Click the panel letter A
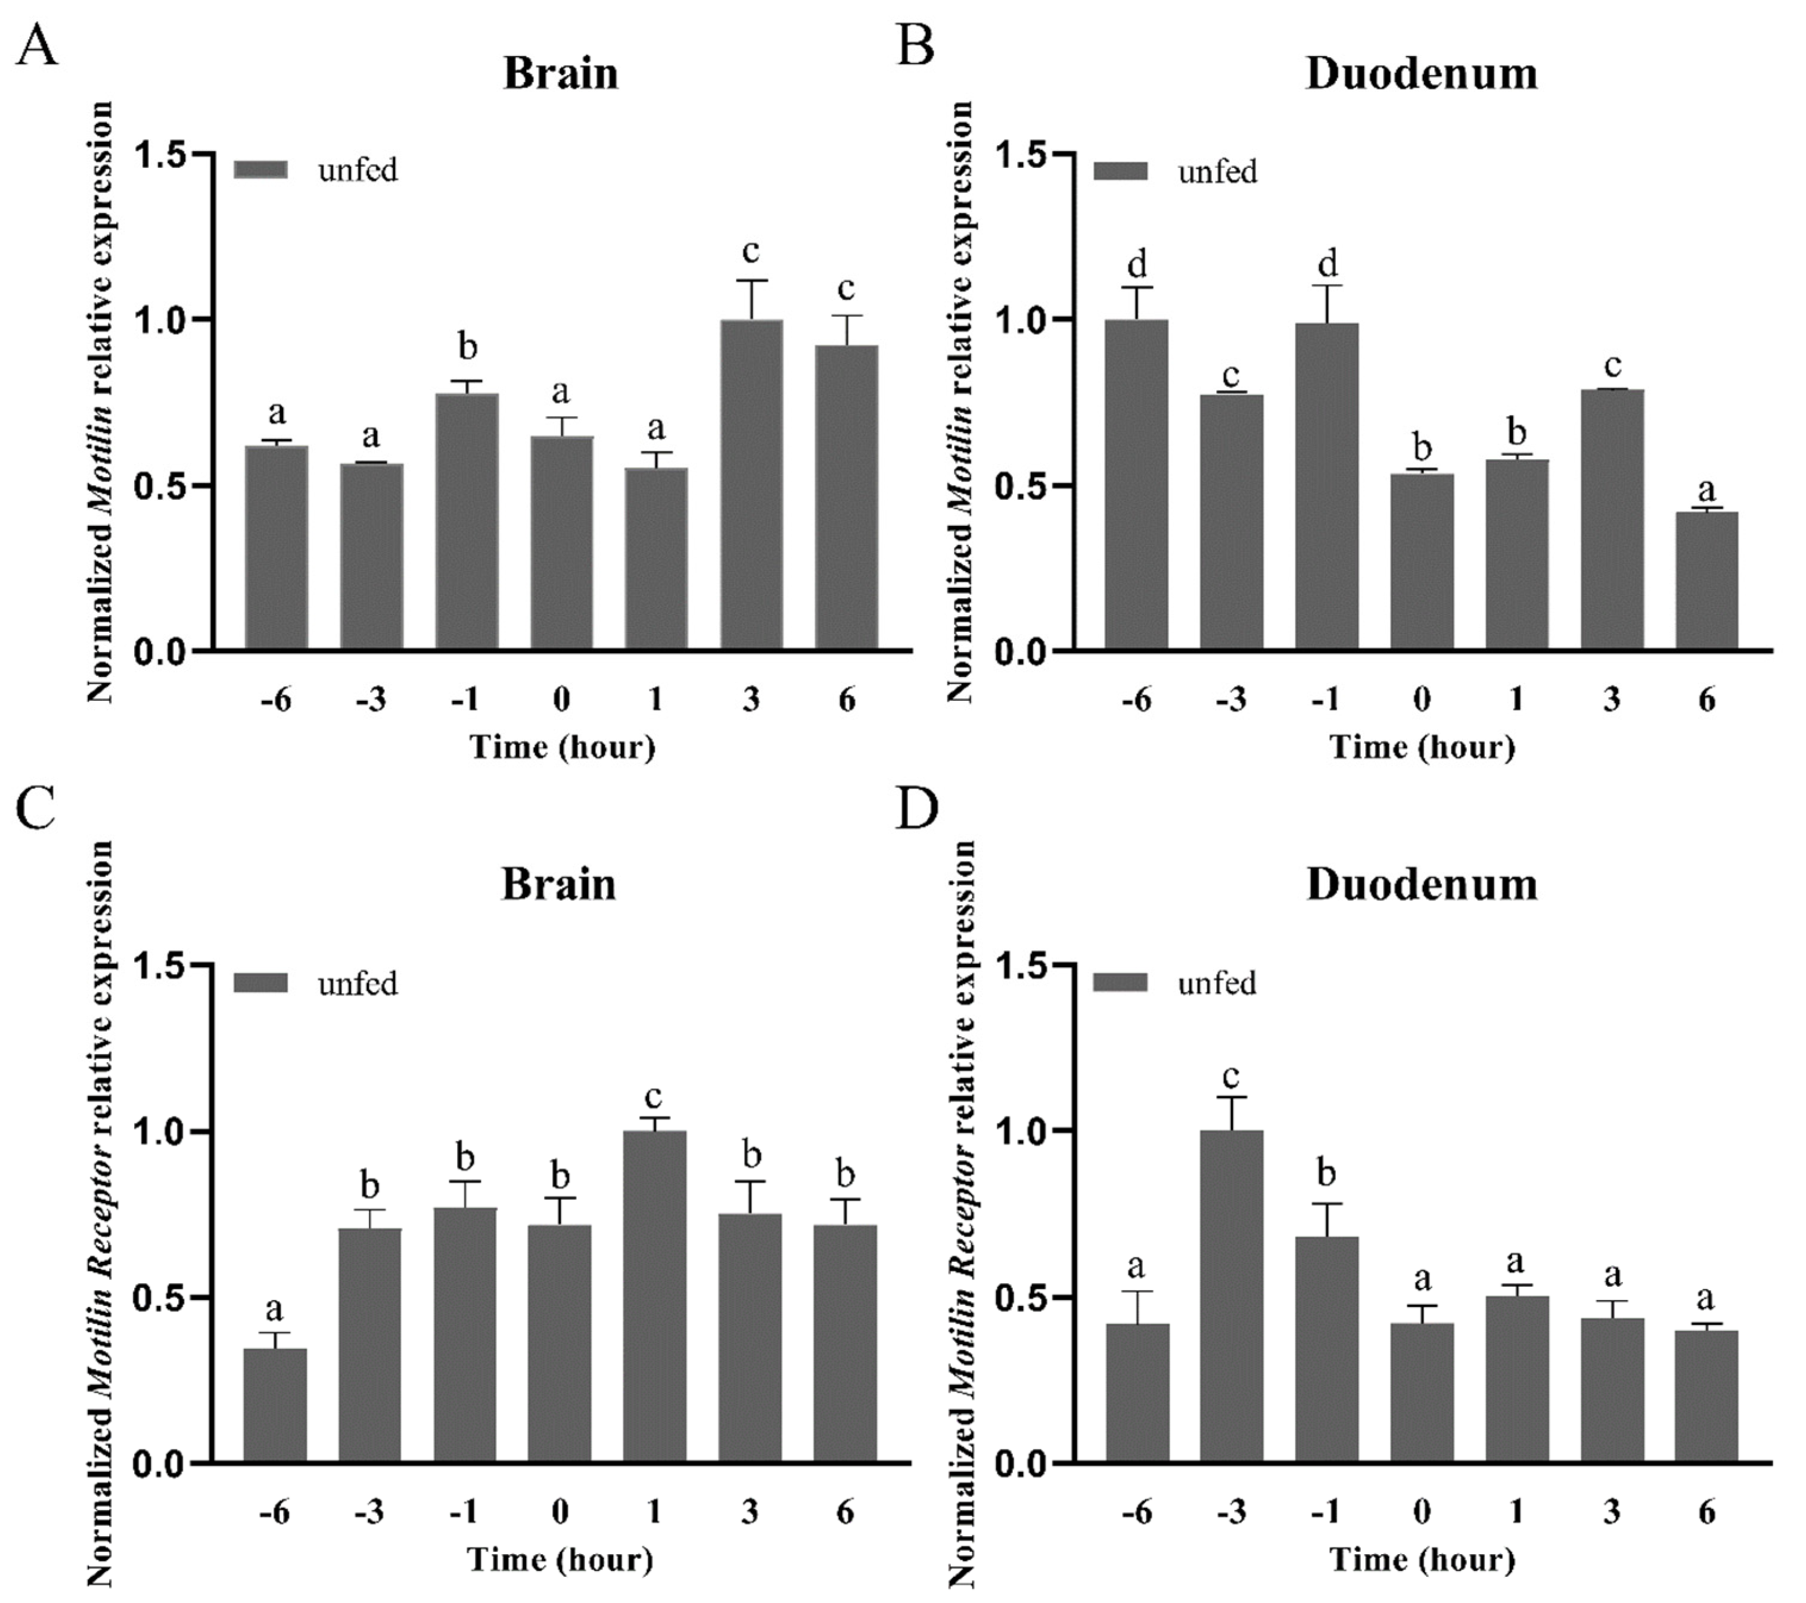click(37, 46)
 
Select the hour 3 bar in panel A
click(751, 486)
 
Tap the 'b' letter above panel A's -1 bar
click(467, 347)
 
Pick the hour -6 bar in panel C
click(275, 1404)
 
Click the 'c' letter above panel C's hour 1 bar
click(653, 1097)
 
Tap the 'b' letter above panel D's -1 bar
click(1326, 1174)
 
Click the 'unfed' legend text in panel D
click(1217, 983)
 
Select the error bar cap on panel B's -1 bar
click(1326, 285)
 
